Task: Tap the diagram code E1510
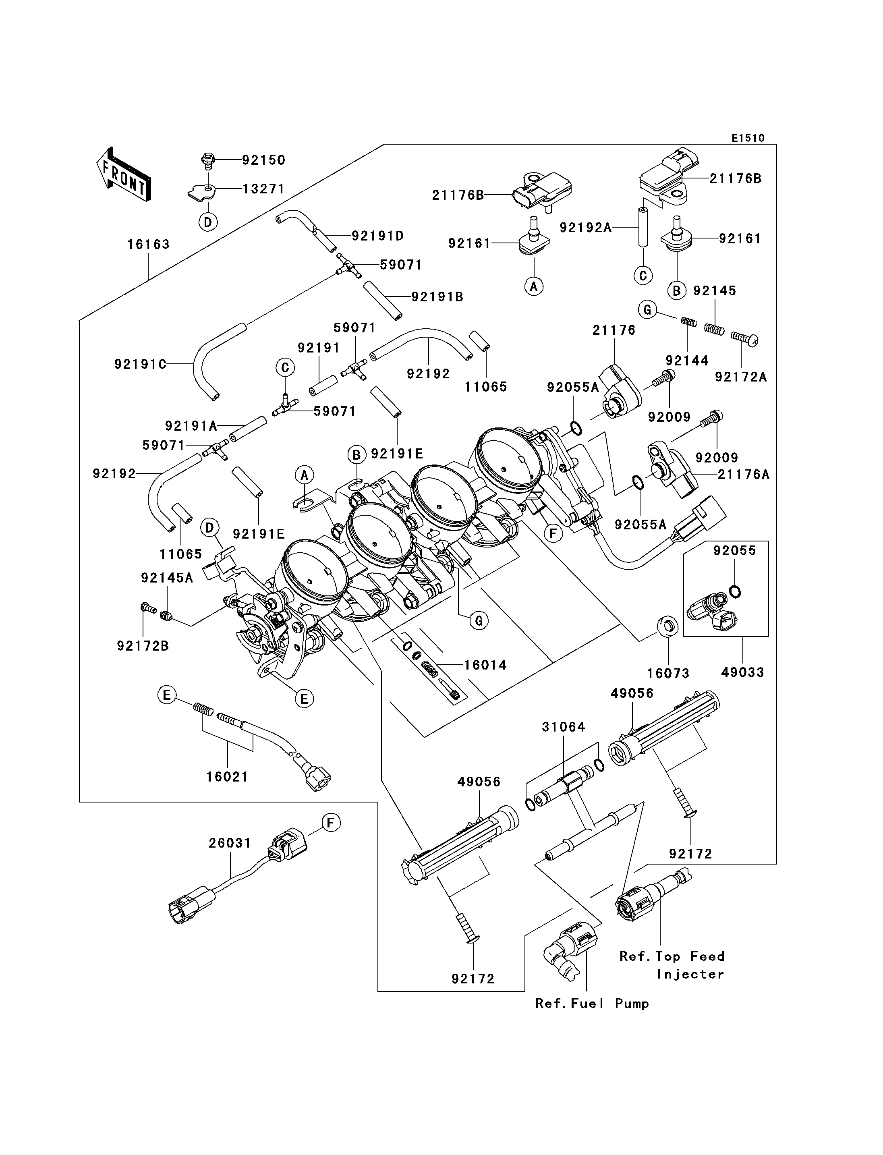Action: [x=748, y=138]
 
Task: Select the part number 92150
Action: [x=263, y=160]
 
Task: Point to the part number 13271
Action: [x=263, y=189]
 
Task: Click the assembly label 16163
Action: [x=148, y=245]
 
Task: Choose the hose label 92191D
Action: [x=377, y=236]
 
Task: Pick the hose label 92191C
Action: [x=140, y=364]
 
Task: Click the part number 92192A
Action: [x=585, y=228]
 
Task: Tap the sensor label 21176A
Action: [x=743, y=475]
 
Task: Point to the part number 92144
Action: [x=687, y=361]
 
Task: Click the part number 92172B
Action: [x=143, y=646]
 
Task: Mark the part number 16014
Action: [x=485, y=665]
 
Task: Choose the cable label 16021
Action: [x=227, y=777]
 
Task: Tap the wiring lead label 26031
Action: [x=230, y=843]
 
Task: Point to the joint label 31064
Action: [x=564, y=727]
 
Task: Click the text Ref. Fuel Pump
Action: [x=592, y=1004]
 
